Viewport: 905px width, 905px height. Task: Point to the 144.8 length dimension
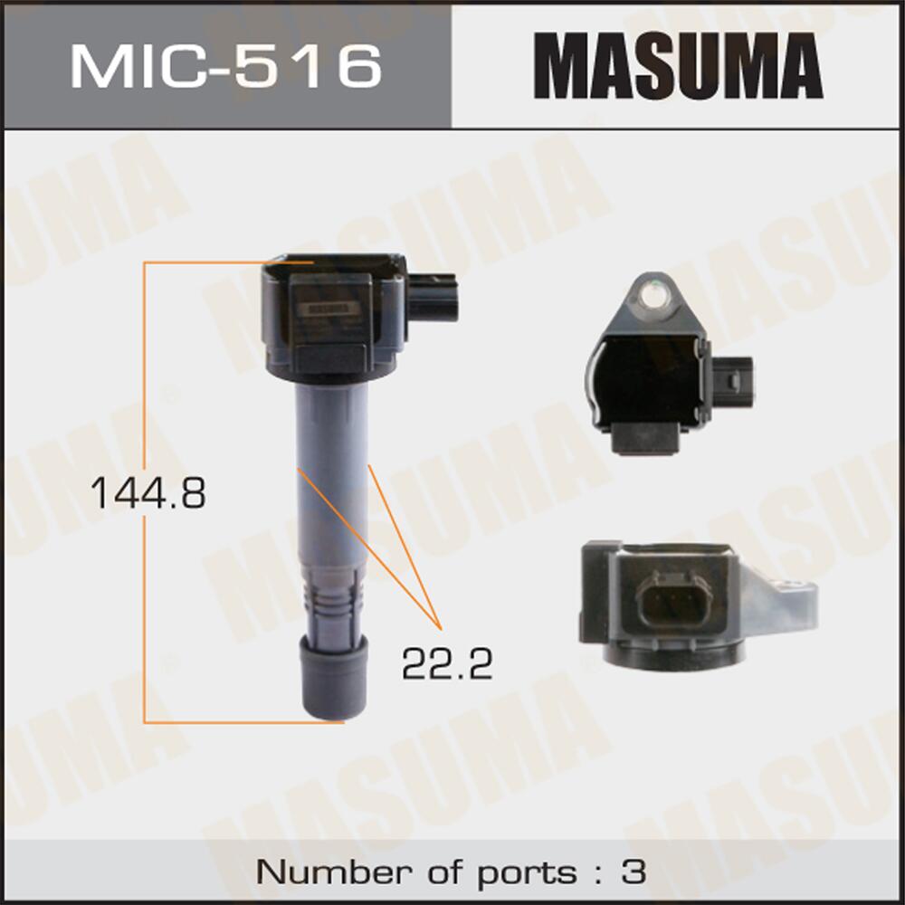click(x=148, y=493)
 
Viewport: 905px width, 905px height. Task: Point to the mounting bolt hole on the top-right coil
click(x=650, y=291)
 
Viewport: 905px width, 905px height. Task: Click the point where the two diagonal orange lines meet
click(x=440, y=627)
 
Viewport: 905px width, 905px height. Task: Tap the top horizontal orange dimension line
click(x=204, y=262)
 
